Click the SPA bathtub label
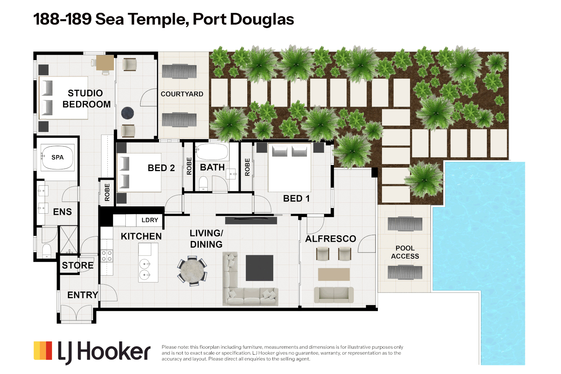(57, 157)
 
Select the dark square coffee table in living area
(259, 268)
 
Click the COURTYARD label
(182, 94)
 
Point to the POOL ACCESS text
(405, 252)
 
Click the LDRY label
(150, 220)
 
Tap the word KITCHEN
(141, 236)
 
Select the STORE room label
(78, 265)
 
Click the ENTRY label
(82, 295)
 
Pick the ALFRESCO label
(330, 239)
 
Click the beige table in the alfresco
(334, 274)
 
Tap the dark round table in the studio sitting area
(127, 113)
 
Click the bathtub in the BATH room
(212, 152)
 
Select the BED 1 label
(296, 198)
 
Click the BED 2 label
(161, 168)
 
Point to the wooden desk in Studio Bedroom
(105, 63)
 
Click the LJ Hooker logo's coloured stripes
(43, 350)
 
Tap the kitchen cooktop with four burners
(107, 256)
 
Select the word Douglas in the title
(262, 19)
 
